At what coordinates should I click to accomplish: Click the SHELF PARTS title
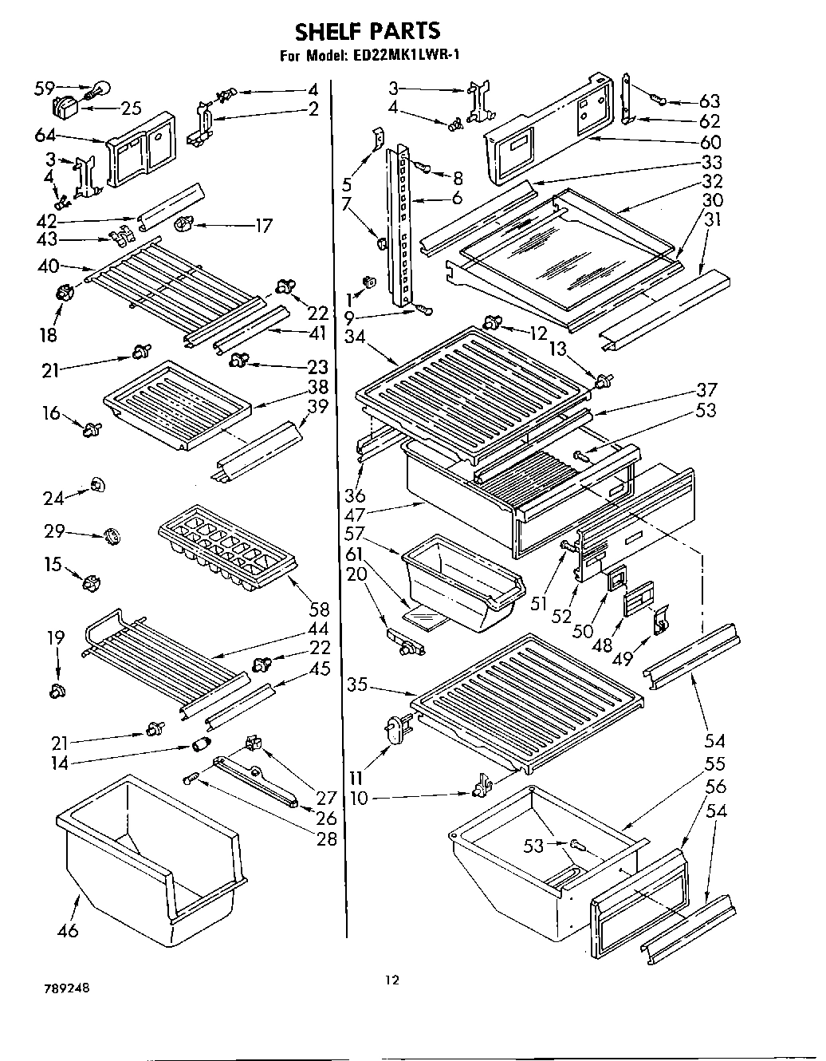[x=368, y=31]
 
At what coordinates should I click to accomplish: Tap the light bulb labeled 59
[x=100, y=89]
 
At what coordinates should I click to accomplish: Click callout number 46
[x=69, y=930]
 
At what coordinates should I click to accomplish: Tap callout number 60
[x=709, y=142]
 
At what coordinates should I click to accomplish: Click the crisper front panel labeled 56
[x=638, y=905]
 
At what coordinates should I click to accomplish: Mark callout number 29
[x=54, y=532]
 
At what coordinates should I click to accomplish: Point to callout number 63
[x=709, y=101]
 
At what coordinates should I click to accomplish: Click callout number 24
[x=53, y=499]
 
